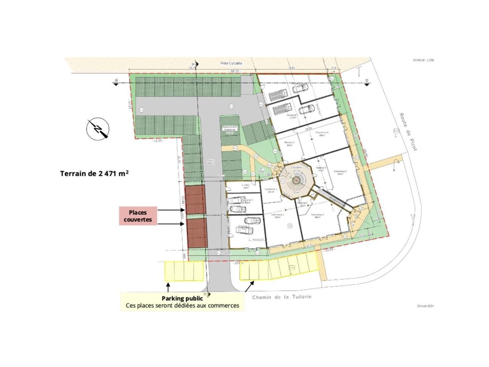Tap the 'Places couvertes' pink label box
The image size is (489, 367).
[138, 216]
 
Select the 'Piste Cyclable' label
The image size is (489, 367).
[231, 63]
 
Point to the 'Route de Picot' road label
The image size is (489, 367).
[408, 132]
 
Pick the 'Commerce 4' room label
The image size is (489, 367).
[322, 133]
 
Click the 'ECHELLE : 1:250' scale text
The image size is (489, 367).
[424, 60]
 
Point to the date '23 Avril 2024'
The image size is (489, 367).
[426, 306]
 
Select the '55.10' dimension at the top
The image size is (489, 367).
[234, 71]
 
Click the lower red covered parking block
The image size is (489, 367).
[197, 233]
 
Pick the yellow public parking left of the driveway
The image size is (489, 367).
[184, 271]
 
